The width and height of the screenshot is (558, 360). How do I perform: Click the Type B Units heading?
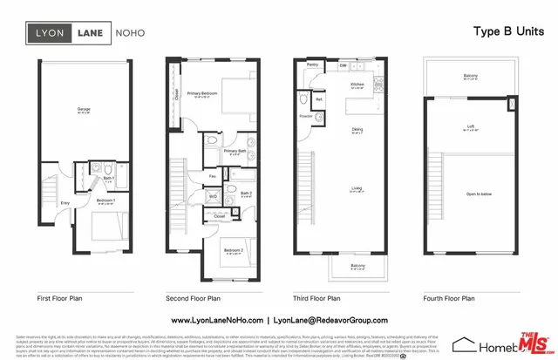click(502, 31)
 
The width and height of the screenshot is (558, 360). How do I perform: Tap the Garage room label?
click(84, 109)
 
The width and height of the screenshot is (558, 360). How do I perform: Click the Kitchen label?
click(357, 85)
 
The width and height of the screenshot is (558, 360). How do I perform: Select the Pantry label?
click(311, 65)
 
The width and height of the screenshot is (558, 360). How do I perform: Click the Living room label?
click(357, 188)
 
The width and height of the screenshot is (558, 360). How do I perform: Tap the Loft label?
click(470, 127)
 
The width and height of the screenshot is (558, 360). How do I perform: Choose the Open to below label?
click(470, 194)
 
